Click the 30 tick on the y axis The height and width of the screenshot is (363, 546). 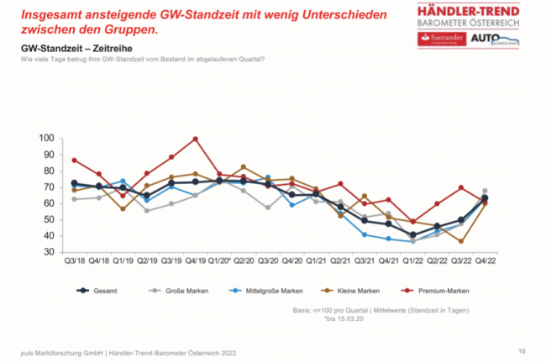tap(50, 252)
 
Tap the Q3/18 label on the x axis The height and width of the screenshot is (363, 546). tap(75, 263)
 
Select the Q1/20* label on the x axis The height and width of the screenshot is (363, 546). tap(219, 263)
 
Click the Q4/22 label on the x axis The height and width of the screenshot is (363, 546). tap(485, 263)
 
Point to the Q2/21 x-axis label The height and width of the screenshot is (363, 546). tap(340, 263)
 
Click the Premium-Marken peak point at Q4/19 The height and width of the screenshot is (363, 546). tap(196, 139)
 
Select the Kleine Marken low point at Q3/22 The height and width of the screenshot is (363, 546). tap(460, 241)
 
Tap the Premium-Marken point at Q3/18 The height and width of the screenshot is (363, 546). tap(75, 160)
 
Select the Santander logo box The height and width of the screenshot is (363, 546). tap(441, 39)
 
